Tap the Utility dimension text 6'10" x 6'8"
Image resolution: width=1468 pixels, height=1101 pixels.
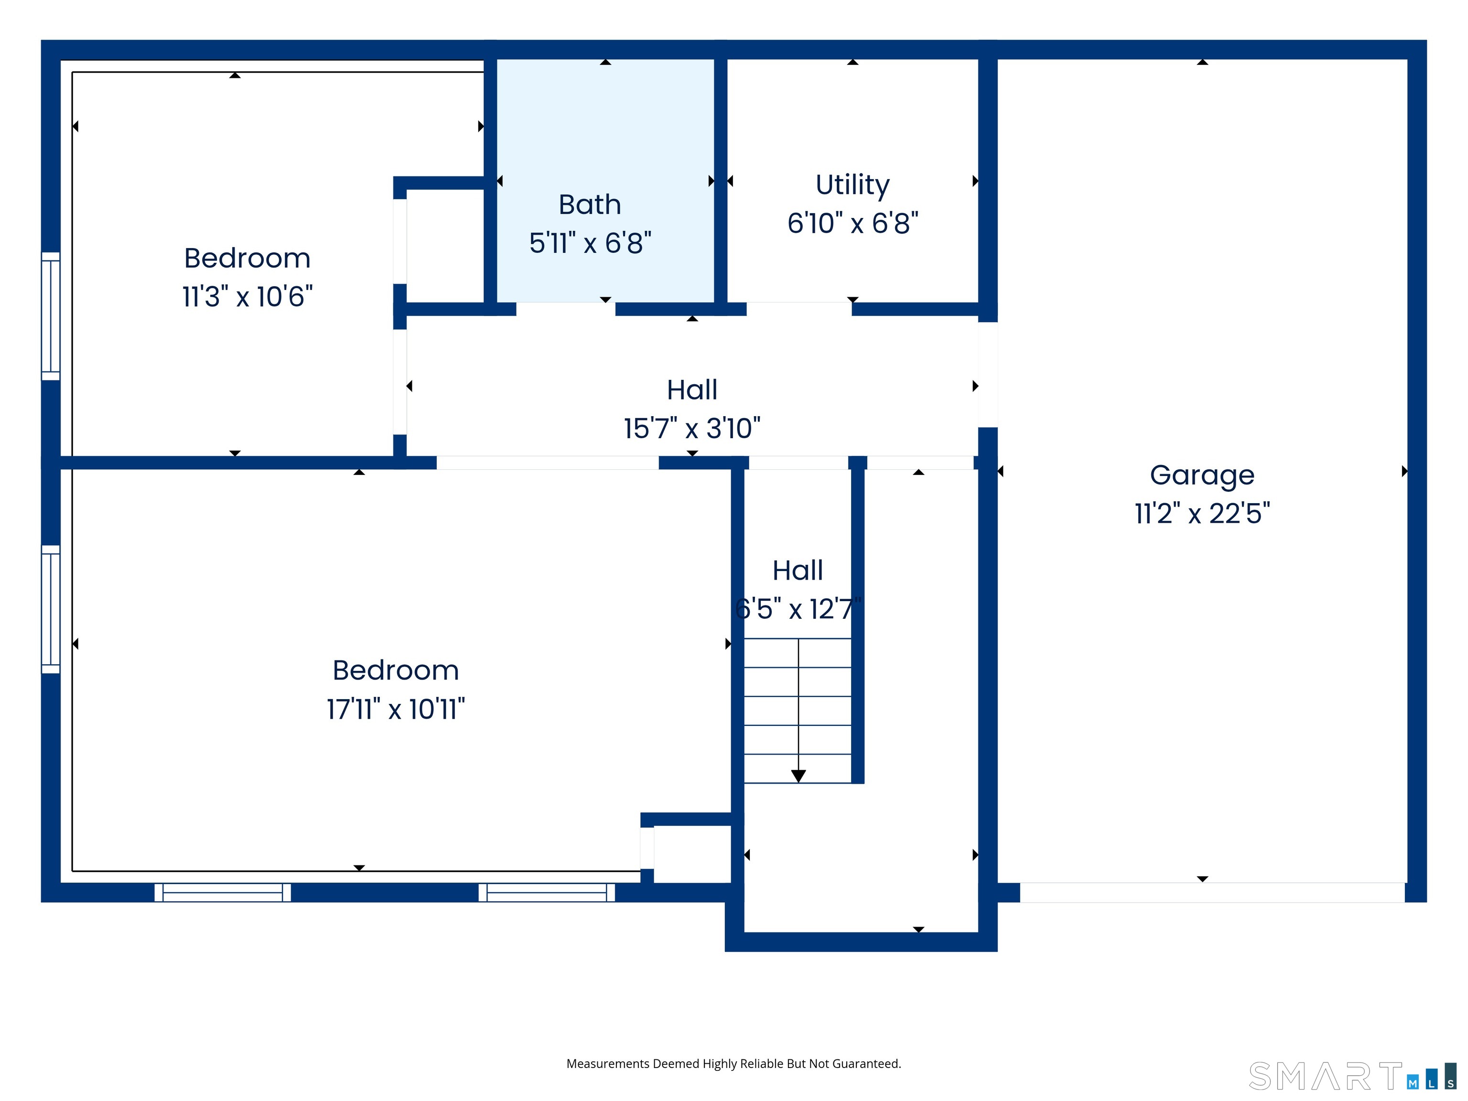(x=853, y=224)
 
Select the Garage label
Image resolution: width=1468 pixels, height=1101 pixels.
(x=1202, y=475)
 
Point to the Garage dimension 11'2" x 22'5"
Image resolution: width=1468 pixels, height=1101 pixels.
(x=1202, y=514)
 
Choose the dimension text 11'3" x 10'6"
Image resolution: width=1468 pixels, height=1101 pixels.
(x=247, y=297)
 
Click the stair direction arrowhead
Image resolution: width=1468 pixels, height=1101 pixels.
(x=799, y=776)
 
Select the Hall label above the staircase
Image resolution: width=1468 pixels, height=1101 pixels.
(x=797, y=571)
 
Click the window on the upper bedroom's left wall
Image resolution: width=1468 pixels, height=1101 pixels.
(x=51, y=316)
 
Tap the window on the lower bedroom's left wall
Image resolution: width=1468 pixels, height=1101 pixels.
(x=51, y=609)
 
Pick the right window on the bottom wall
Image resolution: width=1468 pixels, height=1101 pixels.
(x=546, y=892)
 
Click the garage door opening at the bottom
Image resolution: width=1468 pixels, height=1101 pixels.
(x=1211, y=892)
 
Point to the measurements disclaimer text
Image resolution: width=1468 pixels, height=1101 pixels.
(x=734, y=1063)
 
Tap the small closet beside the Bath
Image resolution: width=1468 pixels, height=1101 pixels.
(x=444, y=246)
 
